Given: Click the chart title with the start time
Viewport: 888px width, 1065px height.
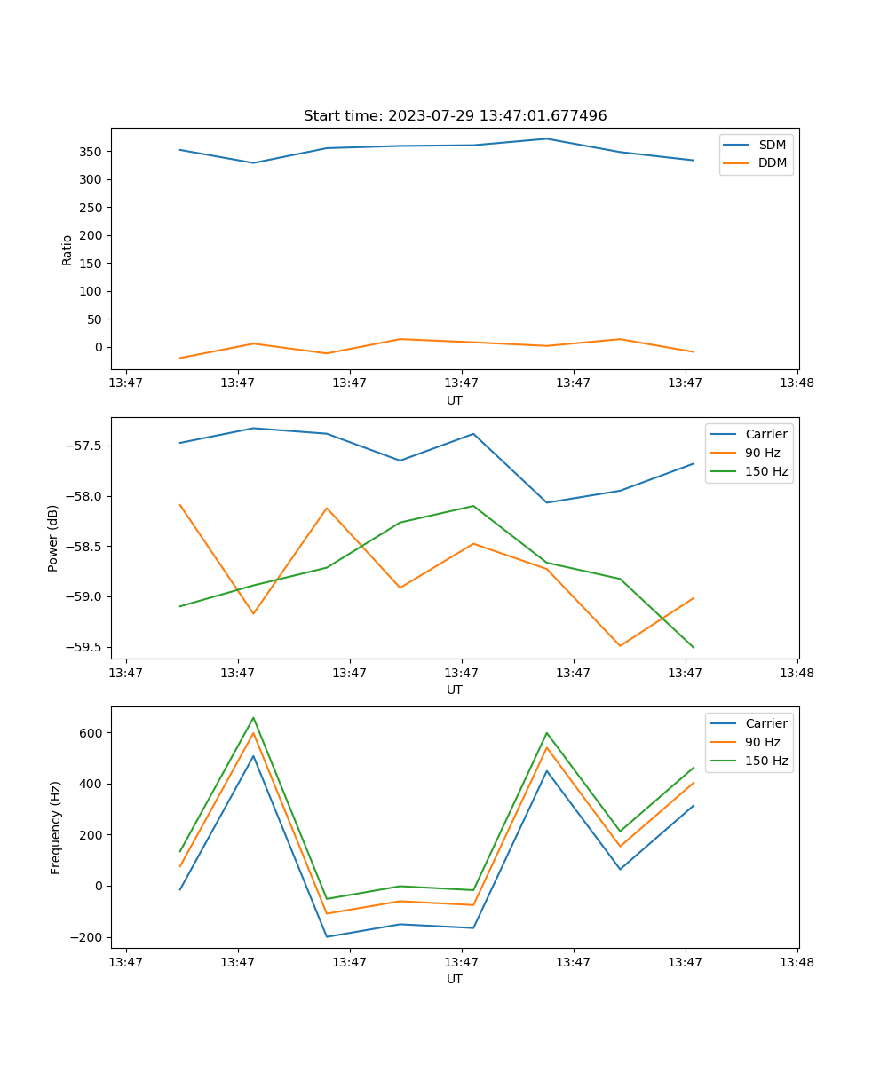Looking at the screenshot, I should (455, 116).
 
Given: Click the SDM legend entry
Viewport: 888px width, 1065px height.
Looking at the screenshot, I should (772, 145).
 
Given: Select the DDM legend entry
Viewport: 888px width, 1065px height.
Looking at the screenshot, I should (772, 162).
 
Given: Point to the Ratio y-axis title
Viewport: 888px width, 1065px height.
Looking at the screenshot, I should (67, 249).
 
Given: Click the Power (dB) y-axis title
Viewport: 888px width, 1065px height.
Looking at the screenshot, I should (54, 538).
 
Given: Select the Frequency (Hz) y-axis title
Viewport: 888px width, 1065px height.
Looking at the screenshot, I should (56, 827).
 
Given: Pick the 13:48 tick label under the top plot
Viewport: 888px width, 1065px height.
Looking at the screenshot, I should (797, 383).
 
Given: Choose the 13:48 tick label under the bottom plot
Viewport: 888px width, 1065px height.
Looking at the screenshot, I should (797, 962).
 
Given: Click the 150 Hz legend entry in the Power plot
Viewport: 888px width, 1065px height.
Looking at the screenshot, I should (765, 471).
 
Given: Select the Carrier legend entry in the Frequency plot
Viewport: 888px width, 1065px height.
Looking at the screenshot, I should (765, 723).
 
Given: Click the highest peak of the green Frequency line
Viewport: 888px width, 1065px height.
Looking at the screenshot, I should (253, 718).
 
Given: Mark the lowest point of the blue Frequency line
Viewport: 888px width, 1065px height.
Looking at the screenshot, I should (327, 936).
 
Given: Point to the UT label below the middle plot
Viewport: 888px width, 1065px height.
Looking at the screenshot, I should (455, 690).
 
